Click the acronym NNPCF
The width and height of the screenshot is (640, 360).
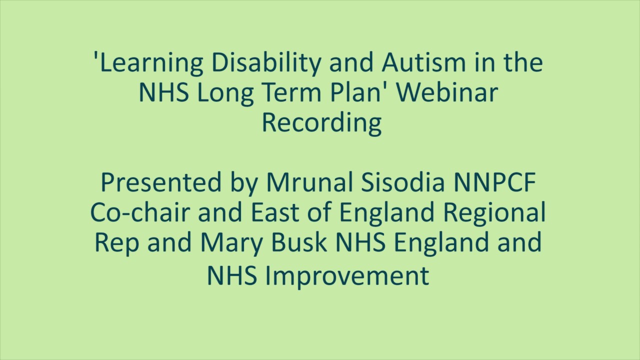(494, 183)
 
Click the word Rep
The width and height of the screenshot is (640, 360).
(111, 243)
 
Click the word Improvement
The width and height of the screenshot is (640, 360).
(346, 275)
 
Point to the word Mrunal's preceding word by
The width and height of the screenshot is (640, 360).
(241, 183)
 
